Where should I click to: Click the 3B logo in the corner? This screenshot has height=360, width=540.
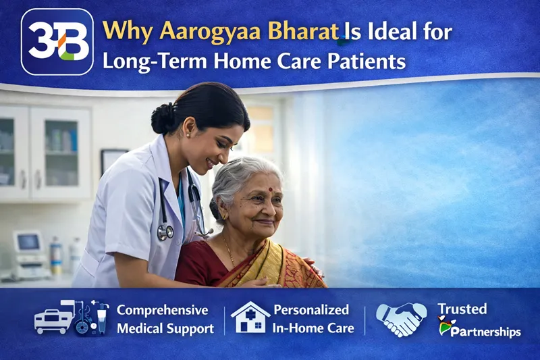(57, 42)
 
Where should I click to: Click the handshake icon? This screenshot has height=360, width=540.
(401, 319)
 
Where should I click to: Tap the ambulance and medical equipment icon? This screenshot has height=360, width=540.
(71, 317)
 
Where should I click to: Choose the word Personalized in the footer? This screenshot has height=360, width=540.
(310, 310)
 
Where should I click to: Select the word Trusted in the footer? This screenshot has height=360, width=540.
(462, 309)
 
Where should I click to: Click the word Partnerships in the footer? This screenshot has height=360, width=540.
(483, 332)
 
